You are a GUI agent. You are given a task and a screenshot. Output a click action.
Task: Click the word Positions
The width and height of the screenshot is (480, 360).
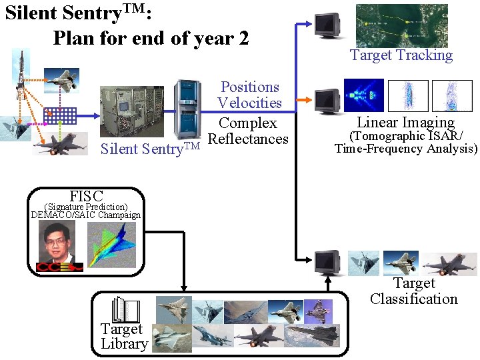pyautogui.click(x=249, y=87)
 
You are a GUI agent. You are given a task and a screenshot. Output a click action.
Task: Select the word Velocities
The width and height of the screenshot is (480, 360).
pyautogui.click(x=249, y=103)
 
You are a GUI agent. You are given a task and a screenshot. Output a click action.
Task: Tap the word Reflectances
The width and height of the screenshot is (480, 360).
pyautogui.click(x=248, y=139)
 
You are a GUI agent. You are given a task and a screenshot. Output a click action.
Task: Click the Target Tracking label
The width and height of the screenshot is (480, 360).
pyautogui.click(x=401, y=55)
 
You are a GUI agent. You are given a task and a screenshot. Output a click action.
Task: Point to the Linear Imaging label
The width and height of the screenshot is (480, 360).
pyautogui.click(x=405, y=122)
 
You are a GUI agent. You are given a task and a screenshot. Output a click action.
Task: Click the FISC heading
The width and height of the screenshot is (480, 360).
pyautogui.click(x=86, y=196)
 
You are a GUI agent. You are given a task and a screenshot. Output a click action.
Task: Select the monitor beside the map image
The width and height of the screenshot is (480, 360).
pyautogui.click(x=327, y=25)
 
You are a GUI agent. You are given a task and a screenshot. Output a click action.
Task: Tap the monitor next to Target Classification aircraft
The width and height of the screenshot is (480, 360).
pyautogui.click(x=328, y=262)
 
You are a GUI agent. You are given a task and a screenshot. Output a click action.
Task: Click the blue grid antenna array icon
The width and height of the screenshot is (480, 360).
pyautogui.click(x=57, y=117)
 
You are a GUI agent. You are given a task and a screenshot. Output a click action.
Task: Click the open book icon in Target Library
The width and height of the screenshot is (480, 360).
pyautogui.click(x=127, y=310)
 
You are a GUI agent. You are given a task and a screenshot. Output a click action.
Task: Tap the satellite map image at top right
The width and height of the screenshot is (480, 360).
pyautogui.click(x=401, y=25)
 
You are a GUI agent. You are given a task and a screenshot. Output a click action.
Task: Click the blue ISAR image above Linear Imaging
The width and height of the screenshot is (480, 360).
pyautogui.click(x=363, y=95)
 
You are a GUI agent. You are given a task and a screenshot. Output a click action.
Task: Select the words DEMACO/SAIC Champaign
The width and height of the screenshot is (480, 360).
pyautogui.click(x=86, y=215)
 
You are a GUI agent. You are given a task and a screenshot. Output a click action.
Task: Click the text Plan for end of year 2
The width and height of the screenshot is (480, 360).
pyautogui.click(x=151, y=38)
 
